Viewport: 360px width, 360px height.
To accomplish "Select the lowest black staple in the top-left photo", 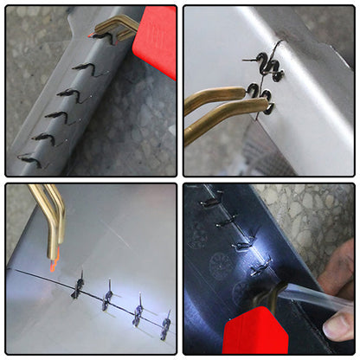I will coord(29,160).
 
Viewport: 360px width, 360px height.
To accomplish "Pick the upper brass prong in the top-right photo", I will coord(212,96).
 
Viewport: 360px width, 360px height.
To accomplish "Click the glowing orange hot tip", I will coord(53,260).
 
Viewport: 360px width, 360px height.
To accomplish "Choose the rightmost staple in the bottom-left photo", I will coord(165,325).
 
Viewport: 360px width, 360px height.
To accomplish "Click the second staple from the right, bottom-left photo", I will coord(138,313).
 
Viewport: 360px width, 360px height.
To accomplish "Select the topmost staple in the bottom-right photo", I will coord(210,202).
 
